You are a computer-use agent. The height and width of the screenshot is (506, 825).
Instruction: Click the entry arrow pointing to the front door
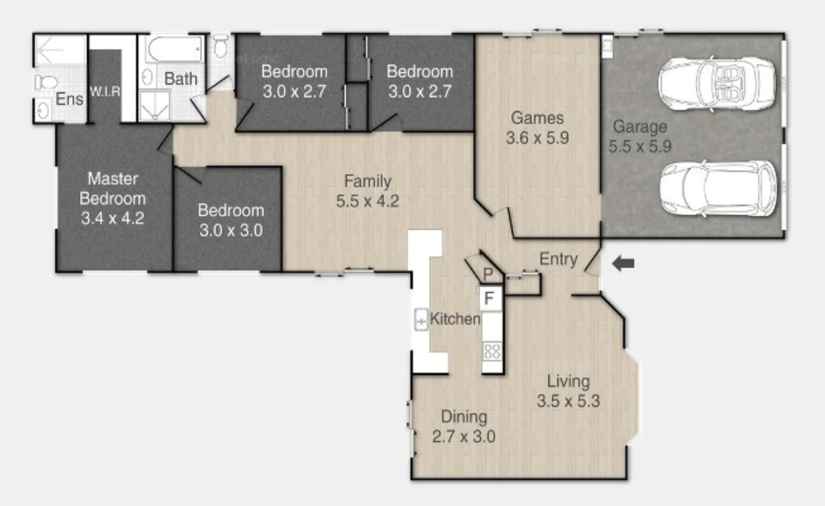(623, 263)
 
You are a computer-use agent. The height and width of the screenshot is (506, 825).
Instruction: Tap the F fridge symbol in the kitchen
(490, 298)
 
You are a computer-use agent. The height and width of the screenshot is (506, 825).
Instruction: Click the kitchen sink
(421, 320)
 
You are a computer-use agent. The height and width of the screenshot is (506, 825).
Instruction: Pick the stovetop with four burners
(492, 351)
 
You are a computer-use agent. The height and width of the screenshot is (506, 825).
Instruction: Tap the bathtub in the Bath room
(174, 49)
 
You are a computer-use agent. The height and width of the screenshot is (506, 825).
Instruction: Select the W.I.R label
(105, 91)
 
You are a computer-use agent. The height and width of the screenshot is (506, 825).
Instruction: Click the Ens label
(69, 99)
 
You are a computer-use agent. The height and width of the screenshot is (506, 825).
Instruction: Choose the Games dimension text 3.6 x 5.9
(537, 138)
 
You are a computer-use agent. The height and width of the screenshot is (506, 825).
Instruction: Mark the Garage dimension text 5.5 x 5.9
(640, 147)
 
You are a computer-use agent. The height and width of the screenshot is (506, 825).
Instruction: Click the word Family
(368, 181)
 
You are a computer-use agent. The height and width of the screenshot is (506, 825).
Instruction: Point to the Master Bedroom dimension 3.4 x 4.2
(113, 218)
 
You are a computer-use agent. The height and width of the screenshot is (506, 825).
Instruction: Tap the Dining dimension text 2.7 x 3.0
(463, 437)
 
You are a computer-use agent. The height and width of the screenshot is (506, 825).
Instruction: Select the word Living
(568, 381)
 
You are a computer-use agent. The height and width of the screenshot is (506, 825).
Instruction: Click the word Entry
(558, 259)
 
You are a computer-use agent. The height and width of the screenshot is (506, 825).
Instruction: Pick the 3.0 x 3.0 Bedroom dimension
(231, 230)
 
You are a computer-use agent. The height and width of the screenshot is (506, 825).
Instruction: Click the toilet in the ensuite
(45, 83)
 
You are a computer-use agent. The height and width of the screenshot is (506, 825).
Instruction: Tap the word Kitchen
(455, 319)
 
